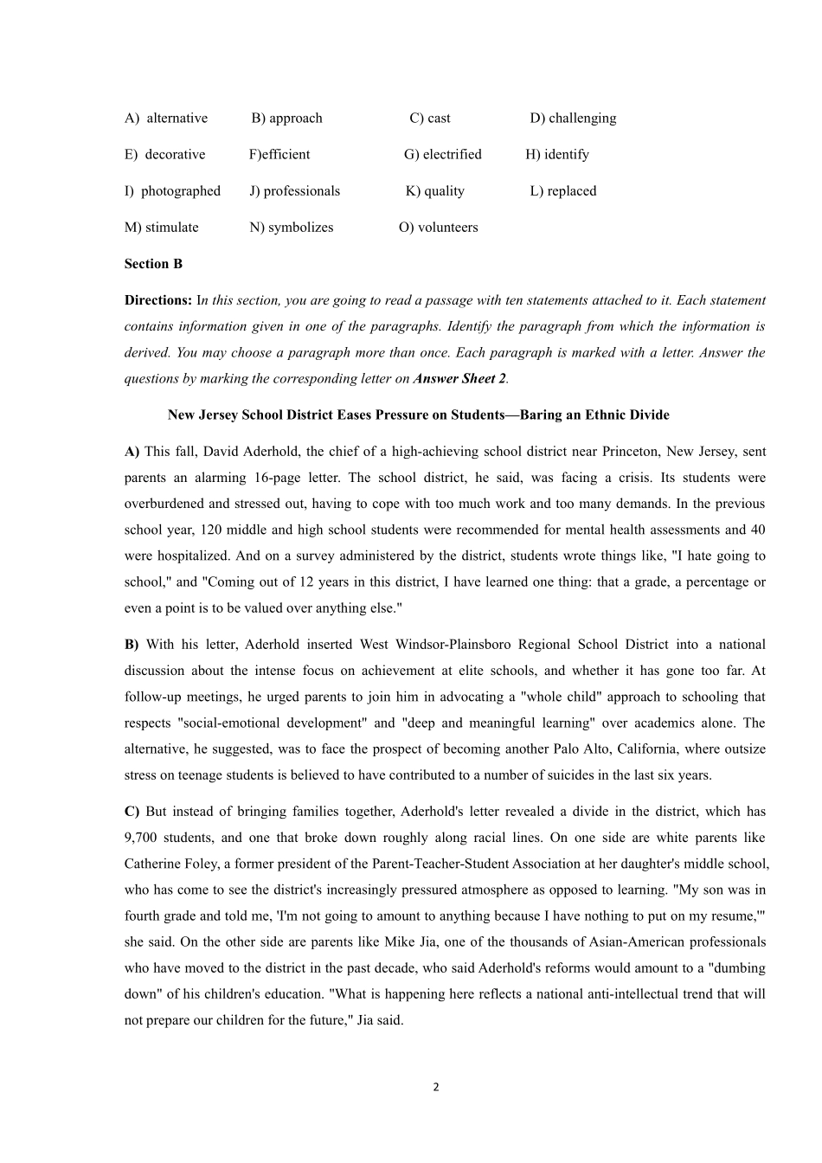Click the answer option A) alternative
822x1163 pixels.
166,119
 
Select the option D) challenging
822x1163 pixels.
573,119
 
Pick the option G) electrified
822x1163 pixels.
442,155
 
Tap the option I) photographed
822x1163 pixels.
172,191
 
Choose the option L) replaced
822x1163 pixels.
562,191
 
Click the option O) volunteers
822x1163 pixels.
438,228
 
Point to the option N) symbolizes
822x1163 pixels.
291,228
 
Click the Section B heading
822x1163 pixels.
153,264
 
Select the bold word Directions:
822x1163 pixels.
158,300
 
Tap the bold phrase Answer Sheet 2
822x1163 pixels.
459,378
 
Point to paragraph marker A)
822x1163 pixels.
132,452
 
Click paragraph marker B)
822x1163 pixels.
132,645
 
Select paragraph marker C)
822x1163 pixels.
132,812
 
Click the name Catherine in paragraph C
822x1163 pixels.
152,864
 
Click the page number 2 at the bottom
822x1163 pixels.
435,1087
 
